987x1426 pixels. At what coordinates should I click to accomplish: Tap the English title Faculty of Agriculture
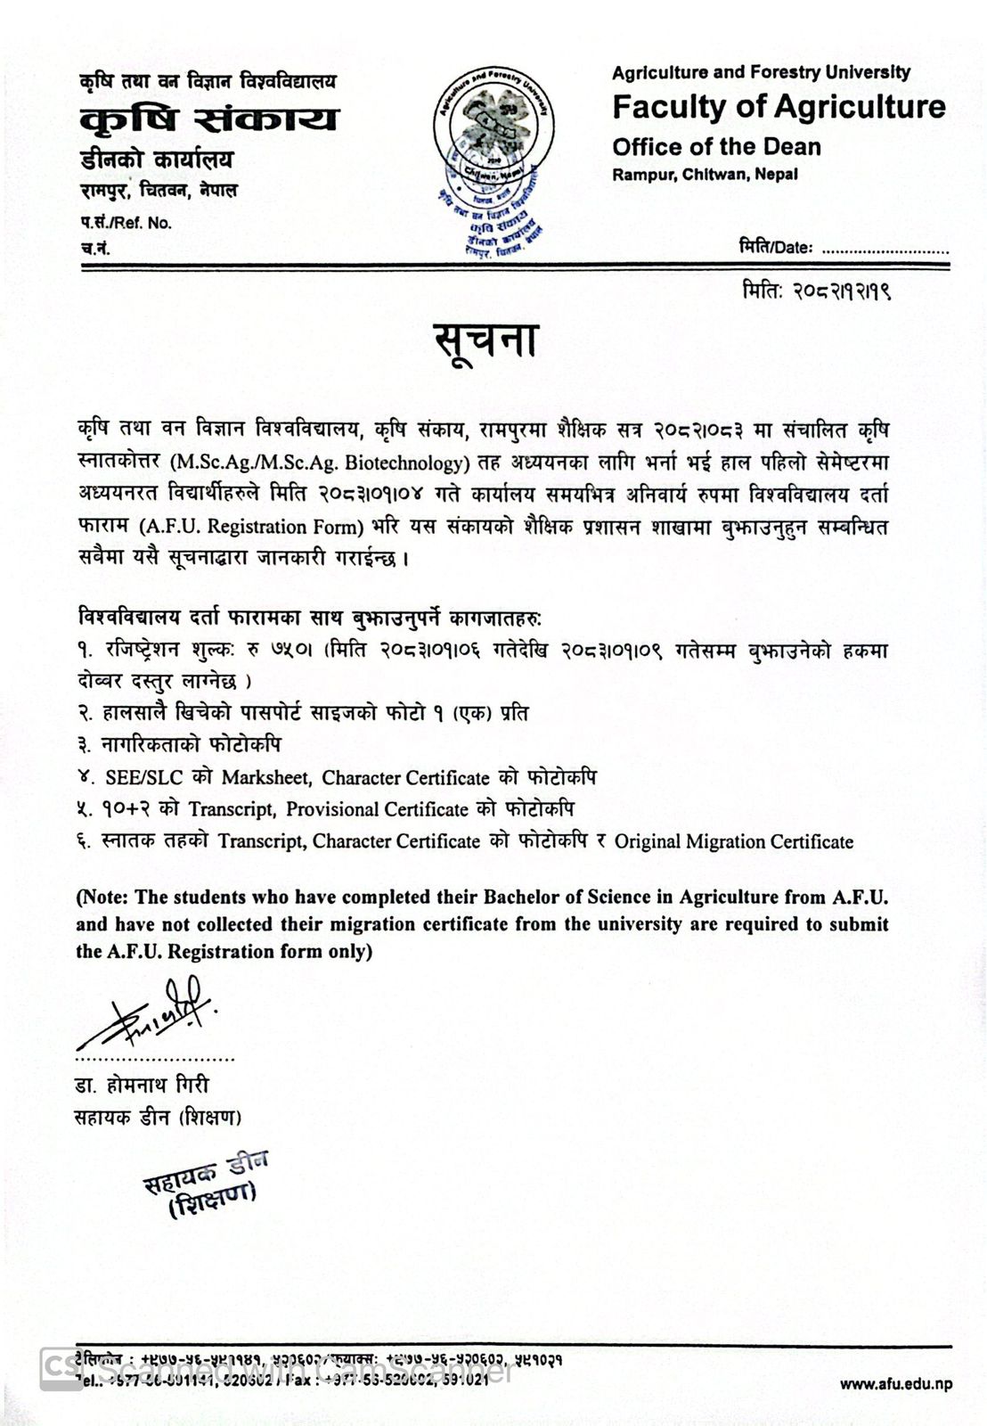(x=779, y=107)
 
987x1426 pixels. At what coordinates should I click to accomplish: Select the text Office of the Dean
(x=716, y=147)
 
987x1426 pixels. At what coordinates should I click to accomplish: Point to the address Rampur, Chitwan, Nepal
(x=705, y=175)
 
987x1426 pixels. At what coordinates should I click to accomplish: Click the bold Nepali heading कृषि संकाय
(x=208, y=119)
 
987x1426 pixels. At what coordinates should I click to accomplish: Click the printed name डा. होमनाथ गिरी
(x=142, y=1086)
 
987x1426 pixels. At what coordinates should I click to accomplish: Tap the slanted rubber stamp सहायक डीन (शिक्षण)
(x=206, y=1186)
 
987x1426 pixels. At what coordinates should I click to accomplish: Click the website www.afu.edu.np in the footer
(x=896, y=1384)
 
